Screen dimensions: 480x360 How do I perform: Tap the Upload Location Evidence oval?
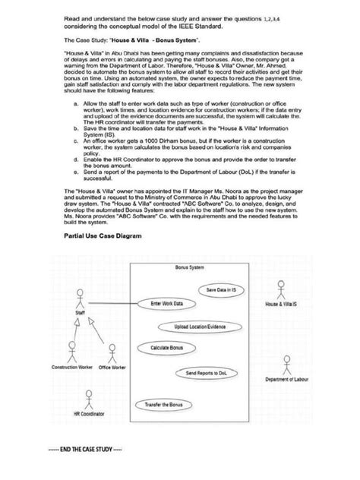pyautogui.click(x=201, y=327)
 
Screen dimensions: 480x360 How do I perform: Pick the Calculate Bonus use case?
pyautogui.click(x=168, y=348)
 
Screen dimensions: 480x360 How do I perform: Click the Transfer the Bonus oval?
pyautogui.click(x=165, y=406)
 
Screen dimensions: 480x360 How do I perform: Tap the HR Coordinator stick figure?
pyautogui.click(x=89, y=400)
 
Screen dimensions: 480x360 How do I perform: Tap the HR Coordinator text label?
pyautogui.click(x=90, y=415)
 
